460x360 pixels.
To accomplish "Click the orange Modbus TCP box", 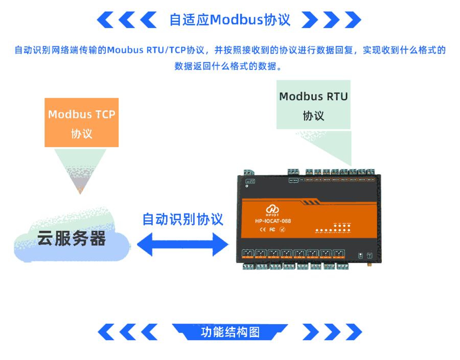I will tap(82, 123).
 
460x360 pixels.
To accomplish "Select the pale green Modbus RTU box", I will tap(313, 105).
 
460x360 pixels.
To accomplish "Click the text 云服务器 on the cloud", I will tap(71, 238).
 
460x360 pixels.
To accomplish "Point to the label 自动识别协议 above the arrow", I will tap(182, 219).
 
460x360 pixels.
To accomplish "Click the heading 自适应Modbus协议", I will tap(229, 20).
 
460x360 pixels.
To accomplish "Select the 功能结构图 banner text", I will tap(230, 332).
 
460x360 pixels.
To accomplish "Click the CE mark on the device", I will tap(263, 230).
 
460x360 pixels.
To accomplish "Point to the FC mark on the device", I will tap(272, 230).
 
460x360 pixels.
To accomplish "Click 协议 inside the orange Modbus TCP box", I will tap(82, 134).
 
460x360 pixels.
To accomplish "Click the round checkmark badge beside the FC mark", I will tap(282, 230).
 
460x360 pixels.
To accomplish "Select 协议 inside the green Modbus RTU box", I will tap(313, 116).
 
